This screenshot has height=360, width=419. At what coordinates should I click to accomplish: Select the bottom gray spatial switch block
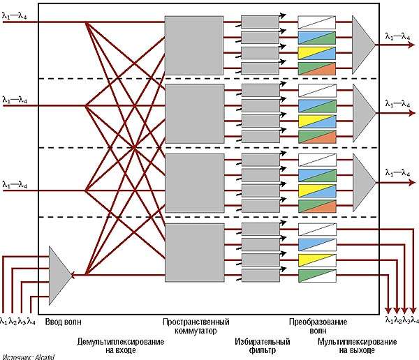[184, 252]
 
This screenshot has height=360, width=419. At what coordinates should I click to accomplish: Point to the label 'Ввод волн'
[64, 321]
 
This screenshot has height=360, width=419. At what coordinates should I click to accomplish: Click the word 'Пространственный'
[196, 322]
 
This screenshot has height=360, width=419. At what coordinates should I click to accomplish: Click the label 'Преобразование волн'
[316, 327]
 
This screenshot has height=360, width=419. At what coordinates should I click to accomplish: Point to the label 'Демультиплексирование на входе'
[121, 346]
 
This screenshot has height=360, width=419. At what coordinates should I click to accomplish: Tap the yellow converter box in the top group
[316, 52]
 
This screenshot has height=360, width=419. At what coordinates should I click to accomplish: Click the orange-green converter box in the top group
[316, 68]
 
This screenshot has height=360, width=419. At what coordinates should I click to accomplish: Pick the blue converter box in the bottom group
[316, 244]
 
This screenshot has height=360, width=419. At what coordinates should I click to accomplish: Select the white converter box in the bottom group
[316, 229]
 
